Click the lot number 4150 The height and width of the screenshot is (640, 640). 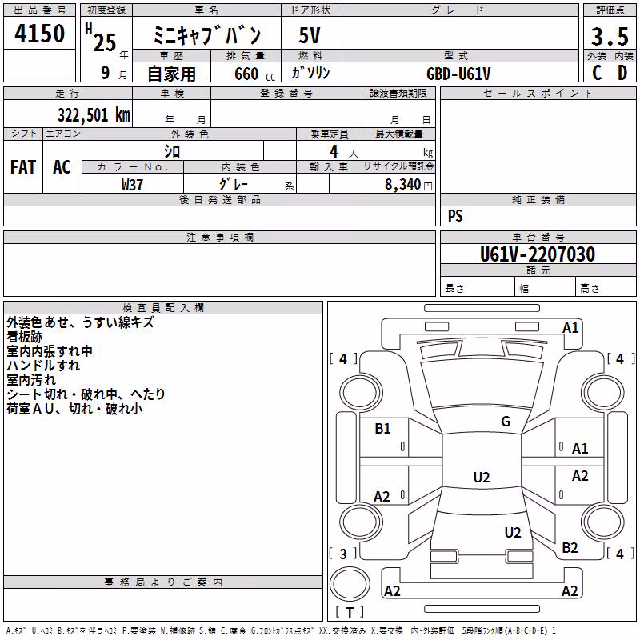pos(39,34)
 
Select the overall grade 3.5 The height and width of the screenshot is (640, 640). pos(610,36)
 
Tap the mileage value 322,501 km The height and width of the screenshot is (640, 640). pos(94,115)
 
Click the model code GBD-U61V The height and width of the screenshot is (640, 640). pos(458,74)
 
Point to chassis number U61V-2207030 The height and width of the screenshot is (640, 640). pos(538,254)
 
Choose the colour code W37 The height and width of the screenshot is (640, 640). pos(132,185)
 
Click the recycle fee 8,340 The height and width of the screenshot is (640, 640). pos(403,185)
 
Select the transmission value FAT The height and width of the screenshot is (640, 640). pos(23,167)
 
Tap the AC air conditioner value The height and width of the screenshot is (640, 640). pos(62,167)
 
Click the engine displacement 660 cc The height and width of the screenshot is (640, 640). pos(254,74)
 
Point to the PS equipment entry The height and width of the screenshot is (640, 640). pos(455,216)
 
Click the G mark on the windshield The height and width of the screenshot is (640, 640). pos(506,421)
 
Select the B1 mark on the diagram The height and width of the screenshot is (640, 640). pos(382,429)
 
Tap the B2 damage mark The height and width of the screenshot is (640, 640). pos(570,548)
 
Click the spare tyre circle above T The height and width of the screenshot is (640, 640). pos(350,584)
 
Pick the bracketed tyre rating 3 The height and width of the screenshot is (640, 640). pos(343,554)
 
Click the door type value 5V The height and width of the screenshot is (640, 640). pos(310,35)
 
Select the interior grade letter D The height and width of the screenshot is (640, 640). pos(622,73)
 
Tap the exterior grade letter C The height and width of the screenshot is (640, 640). pos(597,73)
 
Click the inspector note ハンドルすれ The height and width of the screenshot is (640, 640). pos(43,366)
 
